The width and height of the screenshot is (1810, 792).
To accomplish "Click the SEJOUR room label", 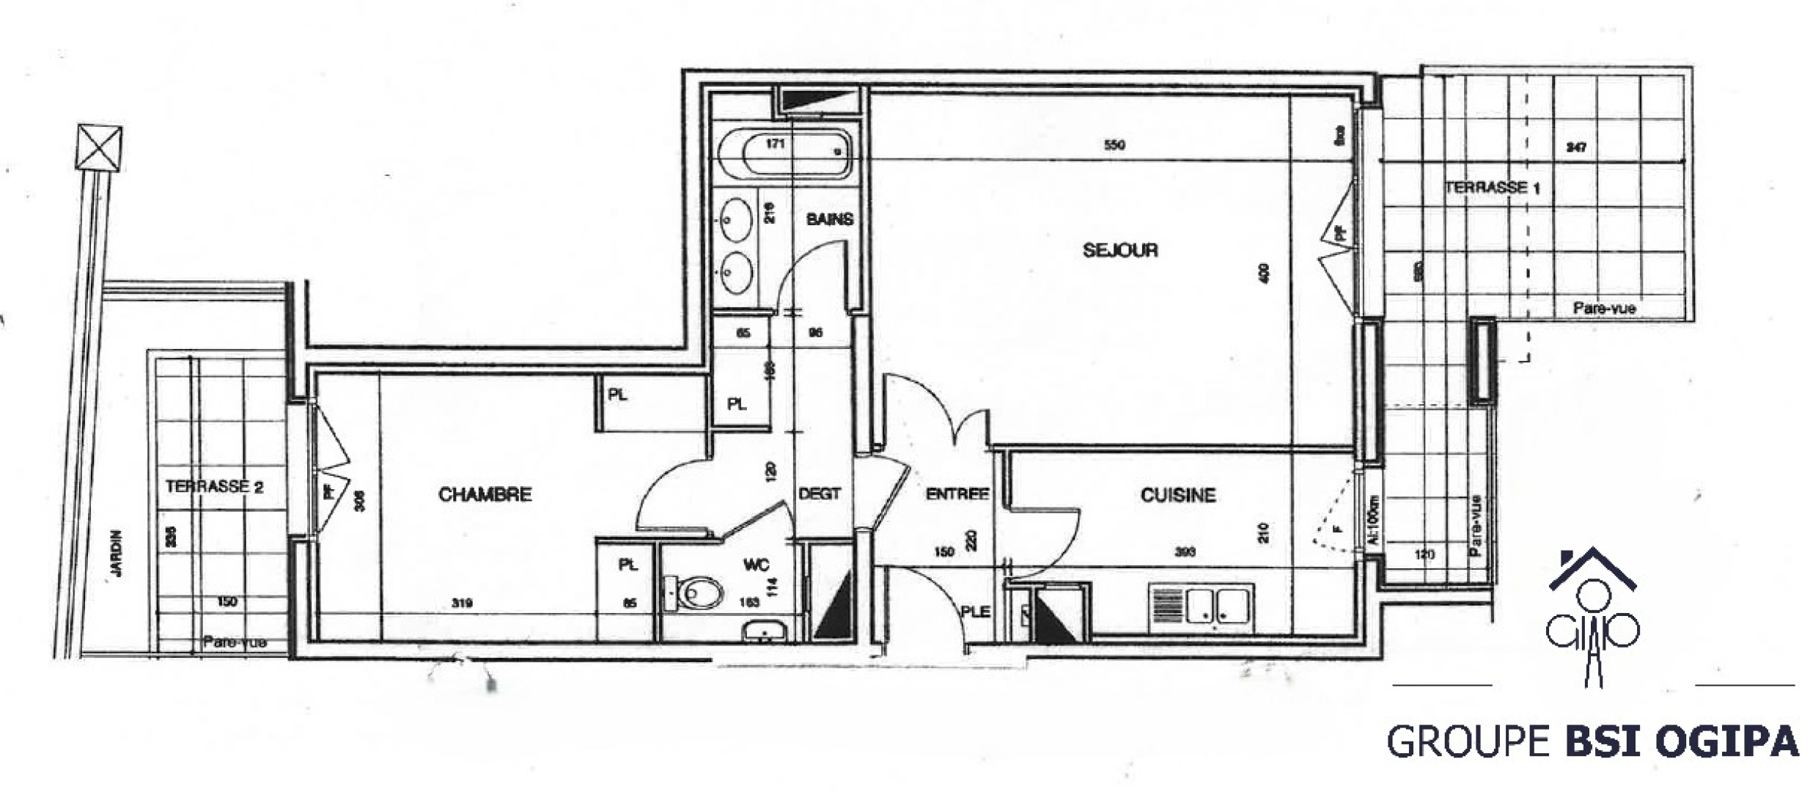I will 1119,251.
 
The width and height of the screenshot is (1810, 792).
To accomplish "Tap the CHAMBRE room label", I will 485,495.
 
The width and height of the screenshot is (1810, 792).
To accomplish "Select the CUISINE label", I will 1177,496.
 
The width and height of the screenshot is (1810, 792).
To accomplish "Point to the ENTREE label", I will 957,494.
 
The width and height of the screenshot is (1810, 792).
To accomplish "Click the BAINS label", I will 829,219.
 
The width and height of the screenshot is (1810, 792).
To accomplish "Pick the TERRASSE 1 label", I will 1491,188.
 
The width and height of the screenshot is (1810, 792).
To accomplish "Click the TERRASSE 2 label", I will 214,487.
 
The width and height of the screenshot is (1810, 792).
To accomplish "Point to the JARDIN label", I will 117,554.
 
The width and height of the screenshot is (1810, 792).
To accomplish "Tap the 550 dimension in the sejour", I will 1114,145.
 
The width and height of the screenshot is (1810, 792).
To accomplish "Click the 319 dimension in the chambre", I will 462,604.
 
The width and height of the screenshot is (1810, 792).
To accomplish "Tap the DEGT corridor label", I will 819,494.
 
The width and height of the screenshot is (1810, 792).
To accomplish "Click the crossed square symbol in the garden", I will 99,147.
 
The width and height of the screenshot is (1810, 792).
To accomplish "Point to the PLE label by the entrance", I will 975,611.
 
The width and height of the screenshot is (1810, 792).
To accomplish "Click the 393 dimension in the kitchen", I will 1185,551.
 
